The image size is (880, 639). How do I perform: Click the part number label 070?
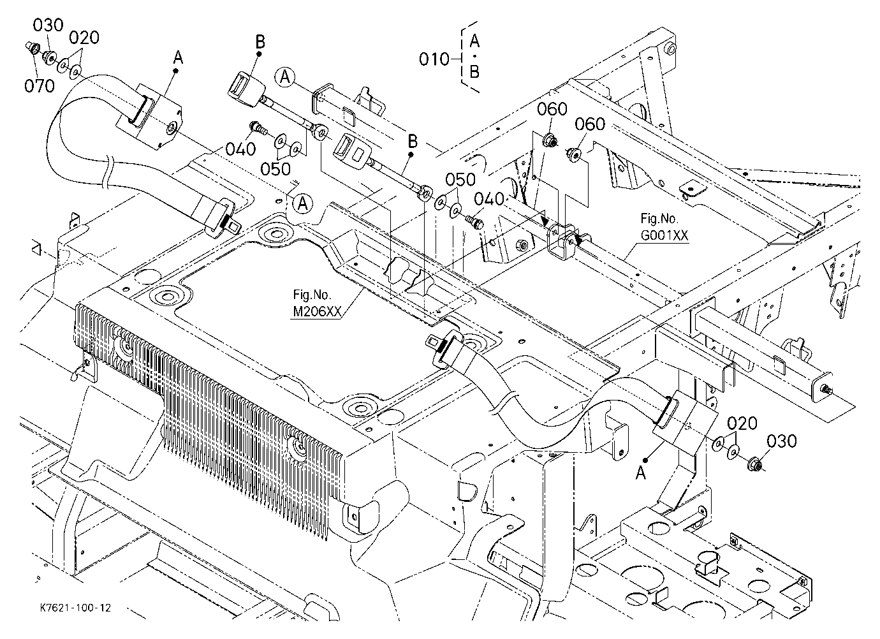40,85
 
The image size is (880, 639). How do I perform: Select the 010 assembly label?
434,59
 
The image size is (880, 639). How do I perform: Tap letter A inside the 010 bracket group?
474,40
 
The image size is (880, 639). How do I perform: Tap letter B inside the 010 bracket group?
474,72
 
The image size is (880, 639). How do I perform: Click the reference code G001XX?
664,235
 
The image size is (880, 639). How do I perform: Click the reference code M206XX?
317,312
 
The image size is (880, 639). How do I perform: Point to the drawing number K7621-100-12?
75,608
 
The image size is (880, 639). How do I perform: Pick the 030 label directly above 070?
48,25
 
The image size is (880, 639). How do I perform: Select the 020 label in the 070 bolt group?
84,38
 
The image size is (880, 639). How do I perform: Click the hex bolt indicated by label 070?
32,48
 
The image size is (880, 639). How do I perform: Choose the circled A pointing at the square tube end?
285,77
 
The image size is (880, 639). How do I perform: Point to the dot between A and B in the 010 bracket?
474,56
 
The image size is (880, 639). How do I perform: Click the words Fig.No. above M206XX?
312,295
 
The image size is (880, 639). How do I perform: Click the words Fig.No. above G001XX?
659,218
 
